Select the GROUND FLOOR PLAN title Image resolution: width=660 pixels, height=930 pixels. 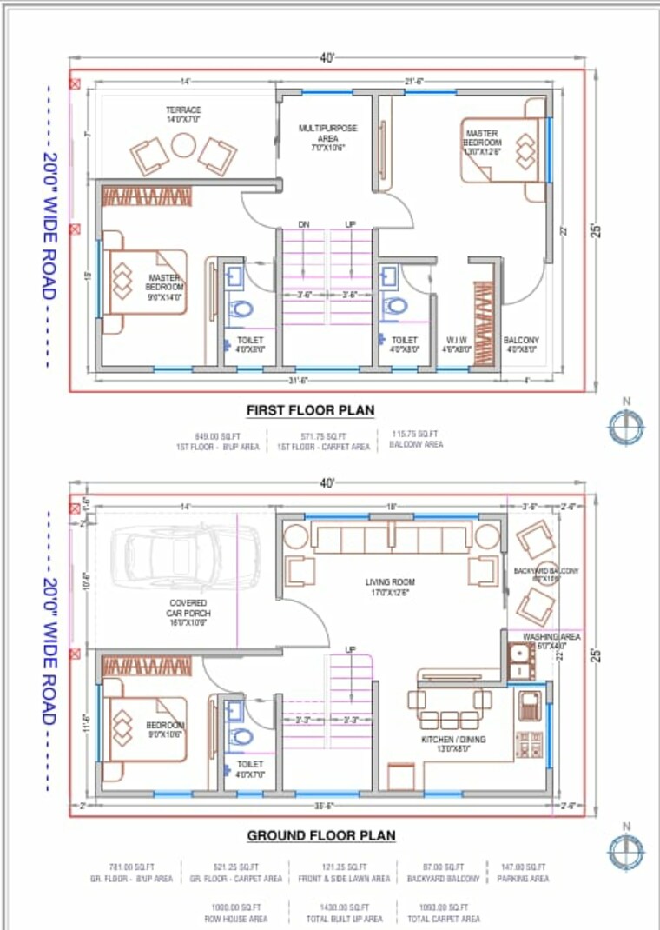(x=321, y=835)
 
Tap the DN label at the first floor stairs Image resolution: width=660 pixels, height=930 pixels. (x=304, y=224)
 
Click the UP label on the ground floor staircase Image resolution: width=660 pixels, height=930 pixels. (x=351, y=649)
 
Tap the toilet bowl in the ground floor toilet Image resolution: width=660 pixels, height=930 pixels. (x=242, y=736)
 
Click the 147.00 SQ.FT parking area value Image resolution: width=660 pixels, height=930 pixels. (x=524, y=867)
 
